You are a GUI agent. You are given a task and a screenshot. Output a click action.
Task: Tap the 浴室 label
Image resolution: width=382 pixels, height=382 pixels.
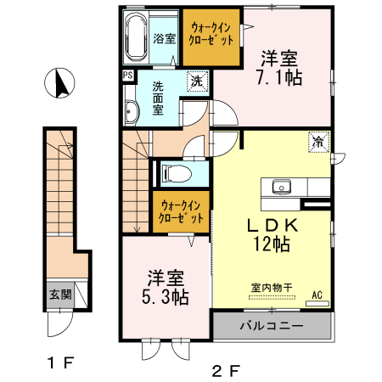point(165,38)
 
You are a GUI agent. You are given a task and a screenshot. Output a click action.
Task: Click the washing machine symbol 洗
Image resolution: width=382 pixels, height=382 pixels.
point(196,82)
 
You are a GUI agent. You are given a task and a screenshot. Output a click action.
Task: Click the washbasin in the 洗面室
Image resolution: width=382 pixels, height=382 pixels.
point(132,112)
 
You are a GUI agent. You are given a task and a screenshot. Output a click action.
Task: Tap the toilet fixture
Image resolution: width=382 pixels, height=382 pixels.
point(173,173)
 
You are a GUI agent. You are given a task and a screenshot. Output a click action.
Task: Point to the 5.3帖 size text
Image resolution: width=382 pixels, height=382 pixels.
point(166,296)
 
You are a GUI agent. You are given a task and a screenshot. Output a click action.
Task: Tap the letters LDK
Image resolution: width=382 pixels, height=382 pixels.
point(272,226)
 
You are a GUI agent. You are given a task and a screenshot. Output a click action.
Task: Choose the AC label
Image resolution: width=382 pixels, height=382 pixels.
point(319,295)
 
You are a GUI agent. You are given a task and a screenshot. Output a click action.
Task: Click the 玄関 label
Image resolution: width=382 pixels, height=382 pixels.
point(59,295)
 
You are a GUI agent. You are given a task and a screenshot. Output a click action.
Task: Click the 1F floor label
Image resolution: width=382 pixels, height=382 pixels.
point(59,364)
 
